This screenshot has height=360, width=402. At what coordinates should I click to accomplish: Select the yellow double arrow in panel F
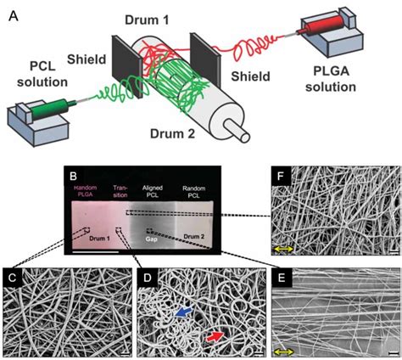pos(283,247)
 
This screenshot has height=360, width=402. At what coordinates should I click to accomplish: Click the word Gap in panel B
pos(154,240)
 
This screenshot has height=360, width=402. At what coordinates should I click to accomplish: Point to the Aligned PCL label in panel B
pos(154,188)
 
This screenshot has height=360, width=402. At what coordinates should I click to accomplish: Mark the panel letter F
pos(277,177)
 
